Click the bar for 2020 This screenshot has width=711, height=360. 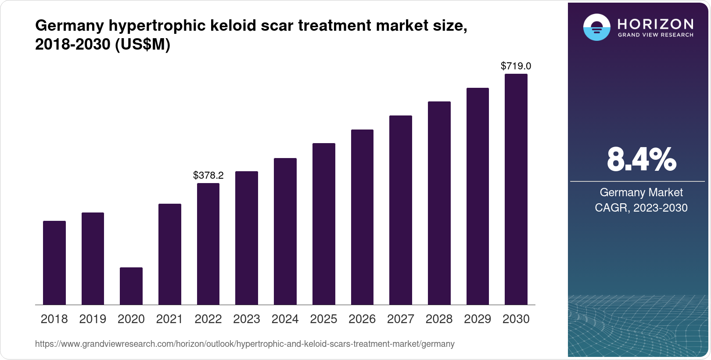pos(131,286)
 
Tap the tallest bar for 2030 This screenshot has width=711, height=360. pos(516,189)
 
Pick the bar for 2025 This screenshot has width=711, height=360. pos(324,224)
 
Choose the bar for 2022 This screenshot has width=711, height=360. pos(208,244)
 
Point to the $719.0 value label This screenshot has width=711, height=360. pos(516,66)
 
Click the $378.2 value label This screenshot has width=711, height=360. pos(208,176)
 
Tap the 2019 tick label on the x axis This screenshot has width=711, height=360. pos(93,319)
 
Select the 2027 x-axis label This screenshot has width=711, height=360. pos(401,319)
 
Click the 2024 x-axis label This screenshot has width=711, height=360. pos(285,319)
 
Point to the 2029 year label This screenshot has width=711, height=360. pos(478,319)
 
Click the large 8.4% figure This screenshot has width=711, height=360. pos(641,160)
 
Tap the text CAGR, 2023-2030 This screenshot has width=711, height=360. pos(641,208)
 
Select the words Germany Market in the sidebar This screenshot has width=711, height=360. pos(641,192)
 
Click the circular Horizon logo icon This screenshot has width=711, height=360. pos(596,27)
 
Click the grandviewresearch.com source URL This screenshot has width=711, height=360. pos(244,344)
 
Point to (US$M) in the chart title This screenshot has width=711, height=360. pos(143,44)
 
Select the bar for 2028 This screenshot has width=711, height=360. pos(439,203)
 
